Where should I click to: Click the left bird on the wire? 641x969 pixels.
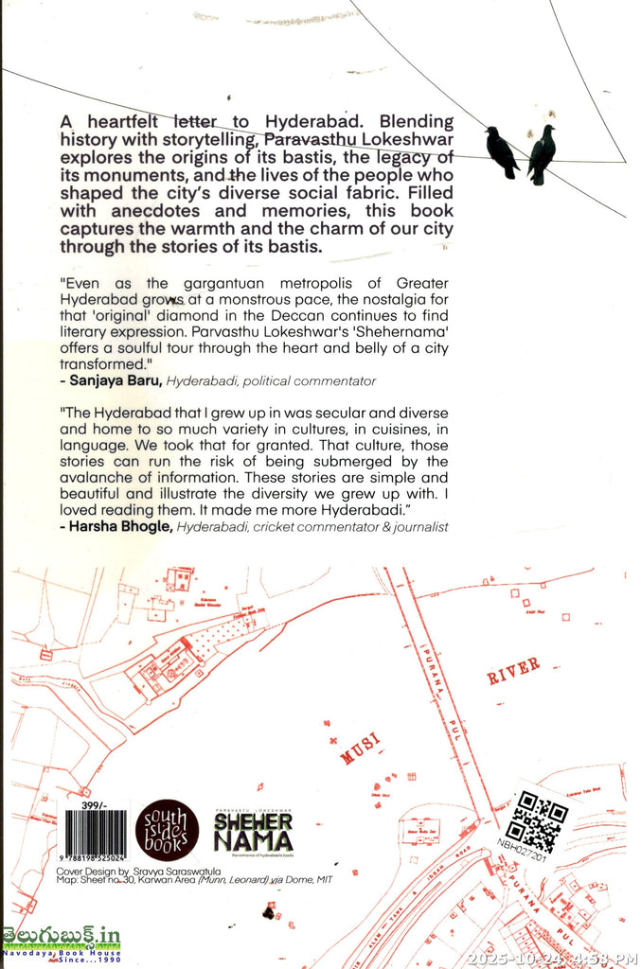tap(501, 151)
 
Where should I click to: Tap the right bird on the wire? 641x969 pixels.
tap(542, 152)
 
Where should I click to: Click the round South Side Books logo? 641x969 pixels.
tap(169, 829)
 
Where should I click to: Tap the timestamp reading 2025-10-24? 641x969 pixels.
tap(519, 958)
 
